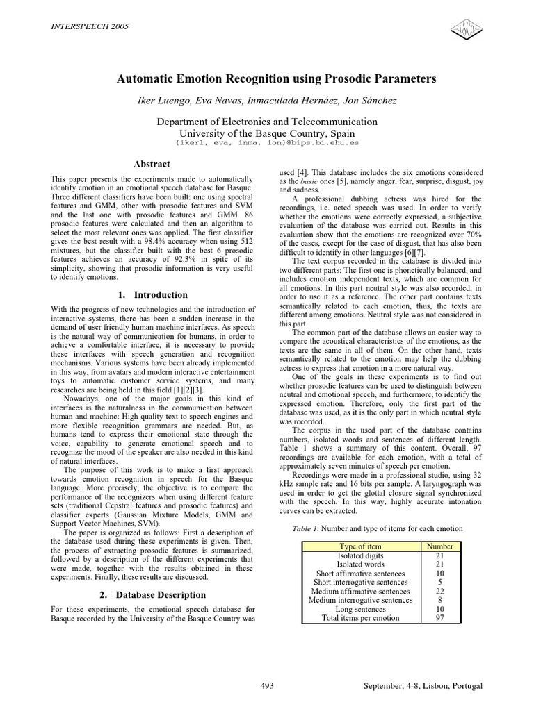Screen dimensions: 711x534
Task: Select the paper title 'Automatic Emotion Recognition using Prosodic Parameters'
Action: point(267,79)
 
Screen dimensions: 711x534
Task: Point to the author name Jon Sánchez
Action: point(372,101)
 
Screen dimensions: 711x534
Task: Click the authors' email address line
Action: point(267,142)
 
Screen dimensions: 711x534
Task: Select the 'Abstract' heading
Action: point(151,164)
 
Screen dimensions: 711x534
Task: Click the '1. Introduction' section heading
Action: point(151,295)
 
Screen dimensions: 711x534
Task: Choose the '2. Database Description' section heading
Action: point(151,595)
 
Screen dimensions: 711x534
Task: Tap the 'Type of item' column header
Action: point(360,547)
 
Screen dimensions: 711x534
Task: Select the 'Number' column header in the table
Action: point(439,547)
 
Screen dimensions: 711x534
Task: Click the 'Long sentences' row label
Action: point(360,609)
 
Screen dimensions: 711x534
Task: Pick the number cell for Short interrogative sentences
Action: point(439,583)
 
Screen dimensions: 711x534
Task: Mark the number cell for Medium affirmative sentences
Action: point(439,591)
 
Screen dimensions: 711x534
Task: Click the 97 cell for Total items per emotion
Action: point(439,618)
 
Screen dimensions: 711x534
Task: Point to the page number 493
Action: point(267,686)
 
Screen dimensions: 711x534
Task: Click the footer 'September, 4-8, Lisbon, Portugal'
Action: point(423,686)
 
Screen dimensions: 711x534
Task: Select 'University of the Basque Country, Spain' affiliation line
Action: point(267,133)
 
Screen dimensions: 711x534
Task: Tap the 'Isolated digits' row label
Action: point(360,556)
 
